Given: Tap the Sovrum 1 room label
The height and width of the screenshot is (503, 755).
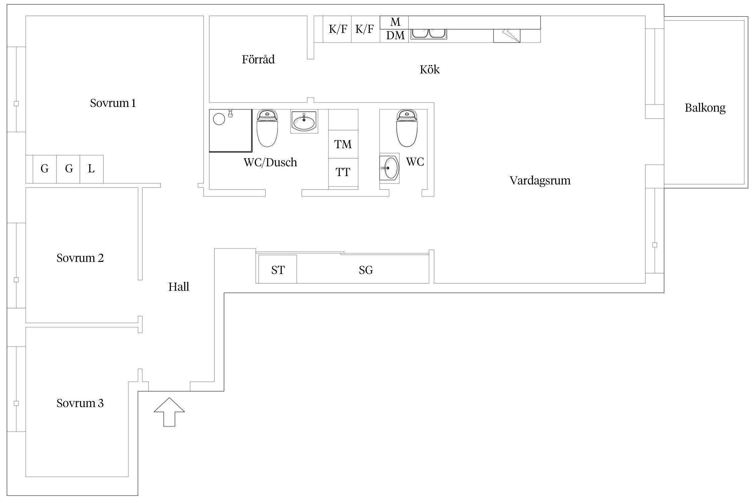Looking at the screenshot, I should pyautogui.click(x=113, y=103).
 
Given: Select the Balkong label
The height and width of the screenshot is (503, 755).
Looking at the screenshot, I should pyautogui.click(x=705, y=108).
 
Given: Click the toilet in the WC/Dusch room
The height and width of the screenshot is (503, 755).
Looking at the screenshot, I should pyautogui.click(x=267, y=129).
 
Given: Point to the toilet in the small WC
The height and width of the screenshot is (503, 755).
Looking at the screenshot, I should pyautogui.click(x=407, y=129).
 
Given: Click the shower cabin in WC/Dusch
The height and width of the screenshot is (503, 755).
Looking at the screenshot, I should pyautogui.click(x=230, y=130).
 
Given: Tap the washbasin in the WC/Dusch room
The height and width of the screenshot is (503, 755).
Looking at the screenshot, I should pyautogui.click(x=304, y=121).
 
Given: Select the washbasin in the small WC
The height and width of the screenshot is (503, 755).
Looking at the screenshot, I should pyautogui.click(x=389, y=168).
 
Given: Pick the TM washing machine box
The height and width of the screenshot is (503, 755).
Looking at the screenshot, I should pyautogui.click(x=343, y=144).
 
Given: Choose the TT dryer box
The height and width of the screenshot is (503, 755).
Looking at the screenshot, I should pyautogui.click(x=343, y=172).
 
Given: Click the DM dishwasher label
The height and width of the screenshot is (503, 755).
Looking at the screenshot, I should pyautogui.click(x=395, y=36).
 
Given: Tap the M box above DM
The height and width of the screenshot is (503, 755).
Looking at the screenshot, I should pyautogui.click(x=395, y=22).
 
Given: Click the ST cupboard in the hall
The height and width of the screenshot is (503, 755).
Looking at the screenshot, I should pyautogui.click(x=278, y=270).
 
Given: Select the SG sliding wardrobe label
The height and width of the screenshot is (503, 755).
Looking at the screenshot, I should pyautogui.click(x=366, y=270).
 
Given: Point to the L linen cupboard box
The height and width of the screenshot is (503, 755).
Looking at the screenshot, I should pyautogui.click(x=91, y=169).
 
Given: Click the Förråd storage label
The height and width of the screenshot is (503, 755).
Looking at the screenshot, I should pyautogui.click(x=258, y=59).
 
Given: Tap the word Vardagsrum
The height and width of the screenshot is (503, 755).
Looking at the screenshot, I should pyautogui.click(x=540, y=180).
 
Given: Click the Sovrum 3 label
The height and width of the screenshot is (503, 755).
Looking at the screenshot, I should pyautogui.click(x=80, y=403).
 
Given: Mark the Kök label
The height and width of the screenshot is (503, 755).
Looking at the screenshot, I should pyautogui.click(x=430, y=69).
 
